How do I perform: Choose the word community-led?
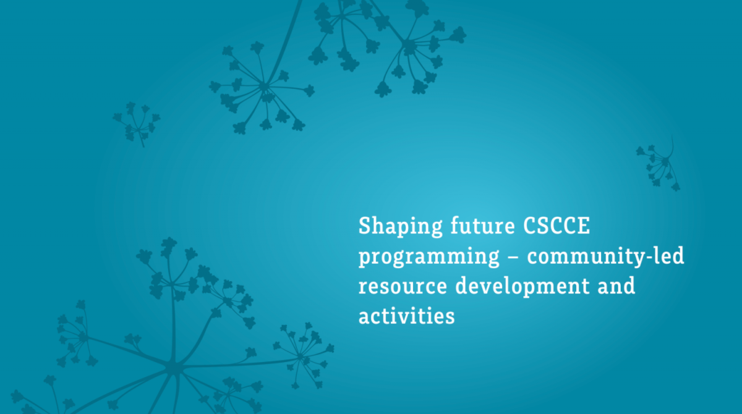(x=605, y=256)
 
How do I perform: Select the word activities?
(x=406, y=316)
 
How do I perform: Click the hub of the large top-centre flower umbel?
(x=265, y=86)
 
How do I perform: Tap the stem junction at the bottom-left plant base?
(x=173, y=368)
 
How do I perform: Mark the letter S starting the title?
(x=365, y=226)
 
